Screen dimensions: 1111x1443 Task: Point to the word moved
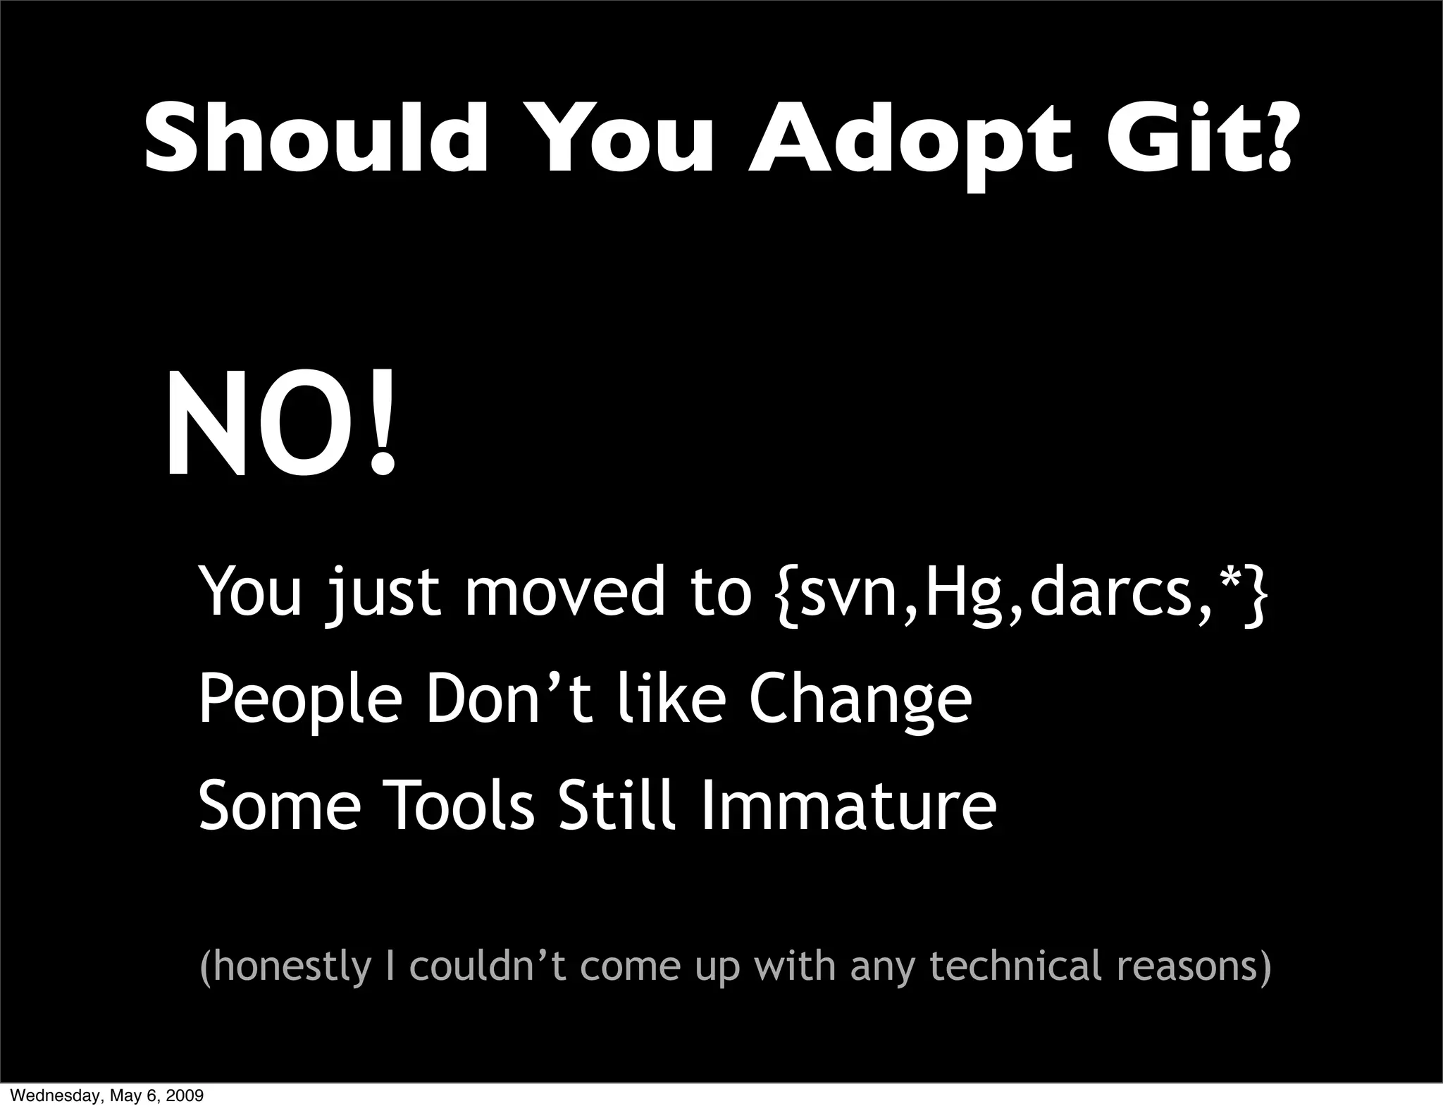pyautogui.click(x=564, y=592)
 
